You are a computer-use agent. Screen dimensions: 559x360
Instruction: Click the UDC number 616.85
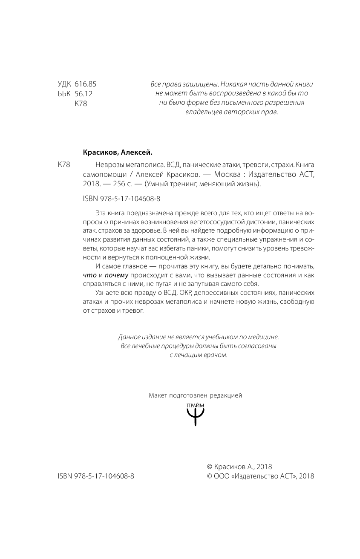coord(85,84)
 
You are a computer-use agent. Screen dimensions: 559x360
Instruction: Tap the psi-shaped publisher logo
coord(196,415)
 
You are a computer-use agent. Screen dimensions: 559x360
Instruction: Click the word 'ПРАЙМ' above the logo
coord(196,404)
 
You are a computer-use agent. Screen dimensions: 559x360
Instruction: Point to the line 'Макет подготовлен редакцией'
coord(195,395)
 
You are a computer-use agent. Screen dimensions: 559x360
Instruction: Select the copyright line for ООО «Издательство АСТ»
coord(260,476)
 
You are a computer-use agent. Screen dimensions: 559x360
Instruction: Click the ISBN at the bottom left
coord(95,476)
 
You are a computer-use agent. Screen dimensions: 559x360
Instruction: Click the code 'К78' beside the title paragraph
coord(64,165)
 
